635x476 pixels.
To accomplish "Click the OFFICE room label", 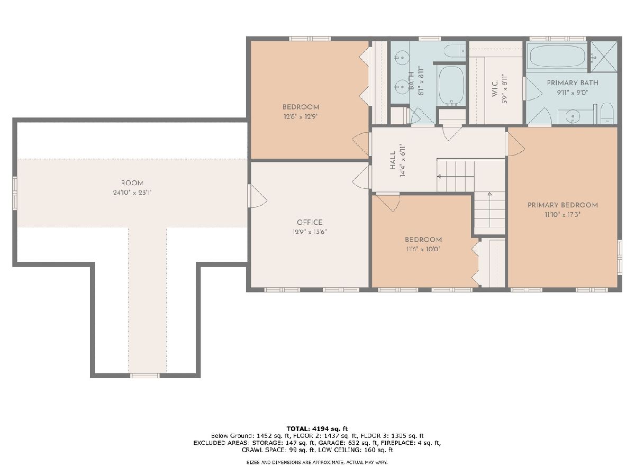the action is pyautogui.click(x=310, y=222).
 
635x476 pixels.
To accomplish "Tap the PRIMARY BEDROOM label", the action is pyautogui.click(x=563, y=205).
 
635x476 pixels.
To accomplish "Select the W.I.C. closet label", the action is pyautogui.click(x=495, y=89).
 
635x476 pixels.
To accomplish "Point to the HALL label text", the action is pyautogui.click(x=393, y=160).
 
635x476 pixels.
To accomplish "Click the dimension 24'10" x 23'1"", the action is pyautogui.click(x=132, y=193).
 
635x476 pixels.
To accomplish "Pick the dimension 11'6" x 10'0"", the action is pyautogui.click(x=423, y=249).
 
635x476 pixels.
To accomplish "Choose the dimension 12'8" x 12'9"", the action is pyautogui.click(x=301, y=117).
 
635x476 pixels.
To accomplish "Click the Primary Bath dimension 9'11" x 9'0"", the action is pyautogui.click(x=573, y=93).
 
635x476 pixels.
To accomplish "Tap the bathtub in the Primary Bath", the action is pyautogui.click(x=556, y=56).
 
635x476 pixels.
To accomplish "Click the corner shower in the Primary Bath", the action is pyautogui.click(x=604, y=57).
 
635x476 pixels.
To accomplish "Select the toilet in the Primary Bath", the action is pyautogui.click(x=607, y=114).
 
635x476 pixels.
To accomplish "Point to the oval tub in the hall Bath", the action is pyautogui.click(x=451, y=85).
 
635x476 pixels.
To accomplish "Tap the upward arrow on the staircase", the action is pyautogui.click(x=489, y=209).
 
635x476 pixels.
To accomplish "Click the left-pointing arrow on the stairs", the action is pyautogui.click(x=456, y=176).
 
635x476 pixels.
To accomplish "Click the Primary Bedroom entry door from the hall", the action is pyautogui.click(x=515, y=144).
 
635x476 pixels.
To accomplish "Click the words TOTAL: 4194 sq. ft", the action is pyautogui.click(x=317, y=428).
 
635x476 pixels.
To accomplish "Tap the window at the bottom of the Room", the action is pyautogui.click(x=144, y=376).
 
